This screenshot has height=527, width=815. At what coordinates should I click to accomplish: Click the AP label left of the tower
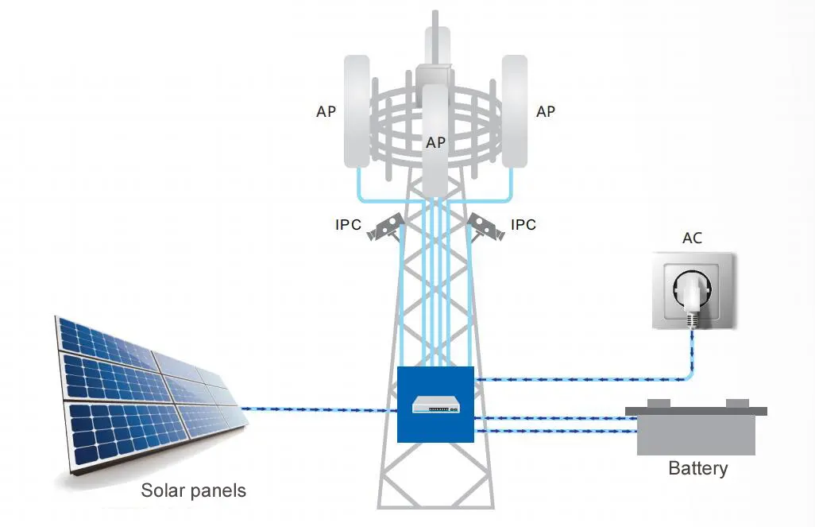pos(326,111)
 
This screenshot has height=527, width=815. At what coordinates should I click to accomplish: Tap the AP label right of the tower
pos(545,111)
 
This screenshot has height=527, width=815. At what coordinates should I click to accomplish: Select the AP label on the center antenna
pos(435,142)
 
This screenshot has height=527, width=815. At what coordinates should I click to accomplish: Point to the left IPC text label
pos(348,225)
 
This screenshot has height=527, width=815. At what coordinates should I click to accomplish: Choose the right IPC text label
pos(523,225)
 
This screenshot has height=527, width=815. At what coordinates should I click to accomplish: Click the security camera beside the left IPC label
pos(385,227)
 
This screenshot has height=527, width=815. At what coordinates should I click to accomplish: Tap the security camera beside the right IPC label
pos(486,227)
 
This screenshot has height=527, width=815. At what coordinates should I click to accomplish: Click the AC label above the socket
pos(692,238)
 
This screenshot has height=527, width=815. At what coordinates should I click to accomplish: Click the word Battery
pos(697,467)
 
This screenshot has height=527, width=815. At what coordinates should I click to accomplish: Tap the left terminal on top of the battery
pos(659,403)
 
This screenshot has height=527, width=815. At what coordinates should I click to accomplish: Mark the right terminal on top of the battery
pos(737,403)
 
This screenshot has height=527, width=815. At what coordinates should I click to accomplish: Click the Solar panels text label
pos(193,490)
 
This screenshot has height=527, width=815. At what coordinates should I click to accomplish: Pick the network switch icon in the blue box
pos(435,405)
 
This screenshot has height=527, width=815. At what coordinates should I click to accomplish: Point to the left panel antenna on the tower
pos(357,111)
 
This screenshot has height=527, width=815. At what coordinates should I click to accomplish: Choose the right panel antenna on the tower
pos(515,111)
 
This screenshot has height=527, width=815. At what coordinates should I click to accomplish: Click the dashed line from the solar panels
pos(319,409)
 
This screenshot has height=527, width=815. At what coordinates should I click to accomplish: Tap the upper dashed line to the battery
pos(555,418)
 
